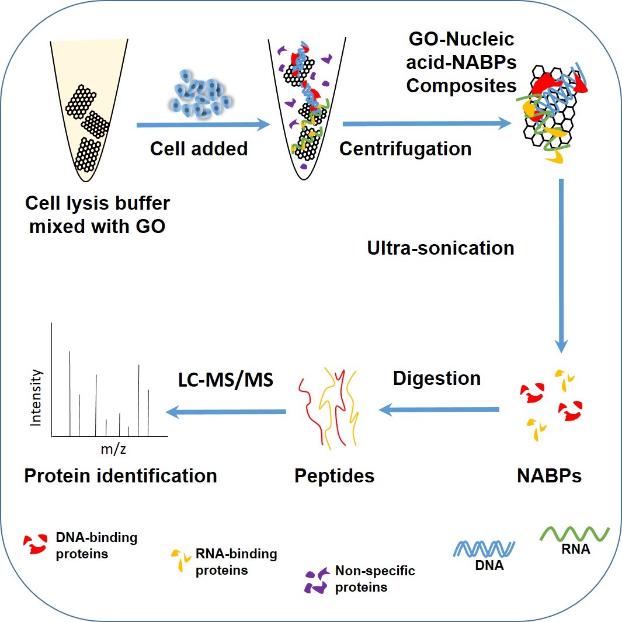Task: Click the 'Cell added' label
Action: pyautogui.click(x=199, y=148)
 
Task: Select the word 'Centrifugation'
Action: pyautogui.click(x=405, y=148)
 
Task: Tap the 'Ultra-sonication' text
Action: pyautogui.click(x=440, y=248)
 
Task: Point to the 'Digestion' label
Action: pyautogui.click(x=437, y=378)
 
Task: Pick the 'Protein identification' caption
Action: pyautogui.click(x=120, y=475)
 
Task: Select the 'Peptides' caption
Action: pyautogui.click(x=334, y=475)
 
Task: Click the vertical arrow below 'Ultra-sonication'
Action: pyautogui.click(x=561, y=266)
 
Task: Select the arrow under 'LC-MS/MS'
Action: pyautogui.click(x=226, y=412)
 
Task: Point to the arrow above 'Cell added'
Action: pyautogui.click(x=203, y=124)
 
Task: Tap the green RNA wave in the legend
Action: pyautogui.click(x=575, y=533)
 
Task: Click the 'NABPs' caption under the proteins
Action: pyautogui.click(x=549, y=475)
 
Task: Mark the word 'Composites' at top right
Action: pyautogui.click(x=461, y=85)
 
